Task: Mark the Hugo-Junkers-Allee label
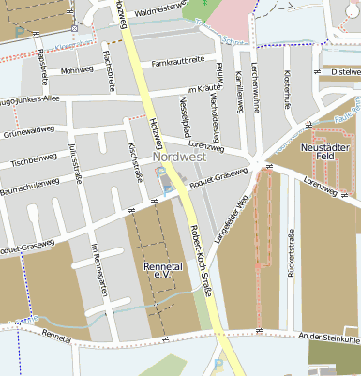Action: coord(29,98)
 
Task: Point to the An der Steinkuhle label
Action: coord(328,336)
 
